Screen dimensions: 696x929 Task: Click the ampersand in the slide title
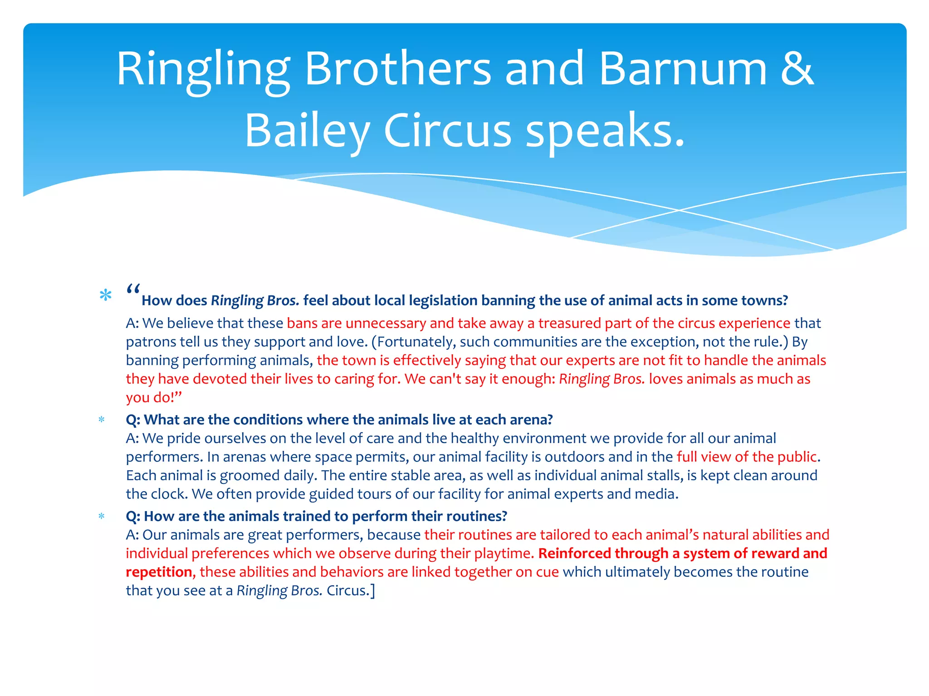pos(797,69)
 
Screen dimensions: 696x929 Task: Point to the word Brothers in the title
pos(398,69)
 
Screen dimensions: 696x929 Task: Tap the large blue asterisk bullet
pos(105,296)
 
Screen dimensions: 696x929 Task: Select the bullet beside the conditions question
pos(102,420)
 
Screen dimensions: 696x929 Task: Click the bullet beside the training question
pos(102,517)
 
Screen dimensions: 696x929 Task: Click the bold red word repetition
pos(159,572)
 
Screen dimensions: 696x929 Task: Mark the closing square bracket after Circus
pos(373,591)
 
